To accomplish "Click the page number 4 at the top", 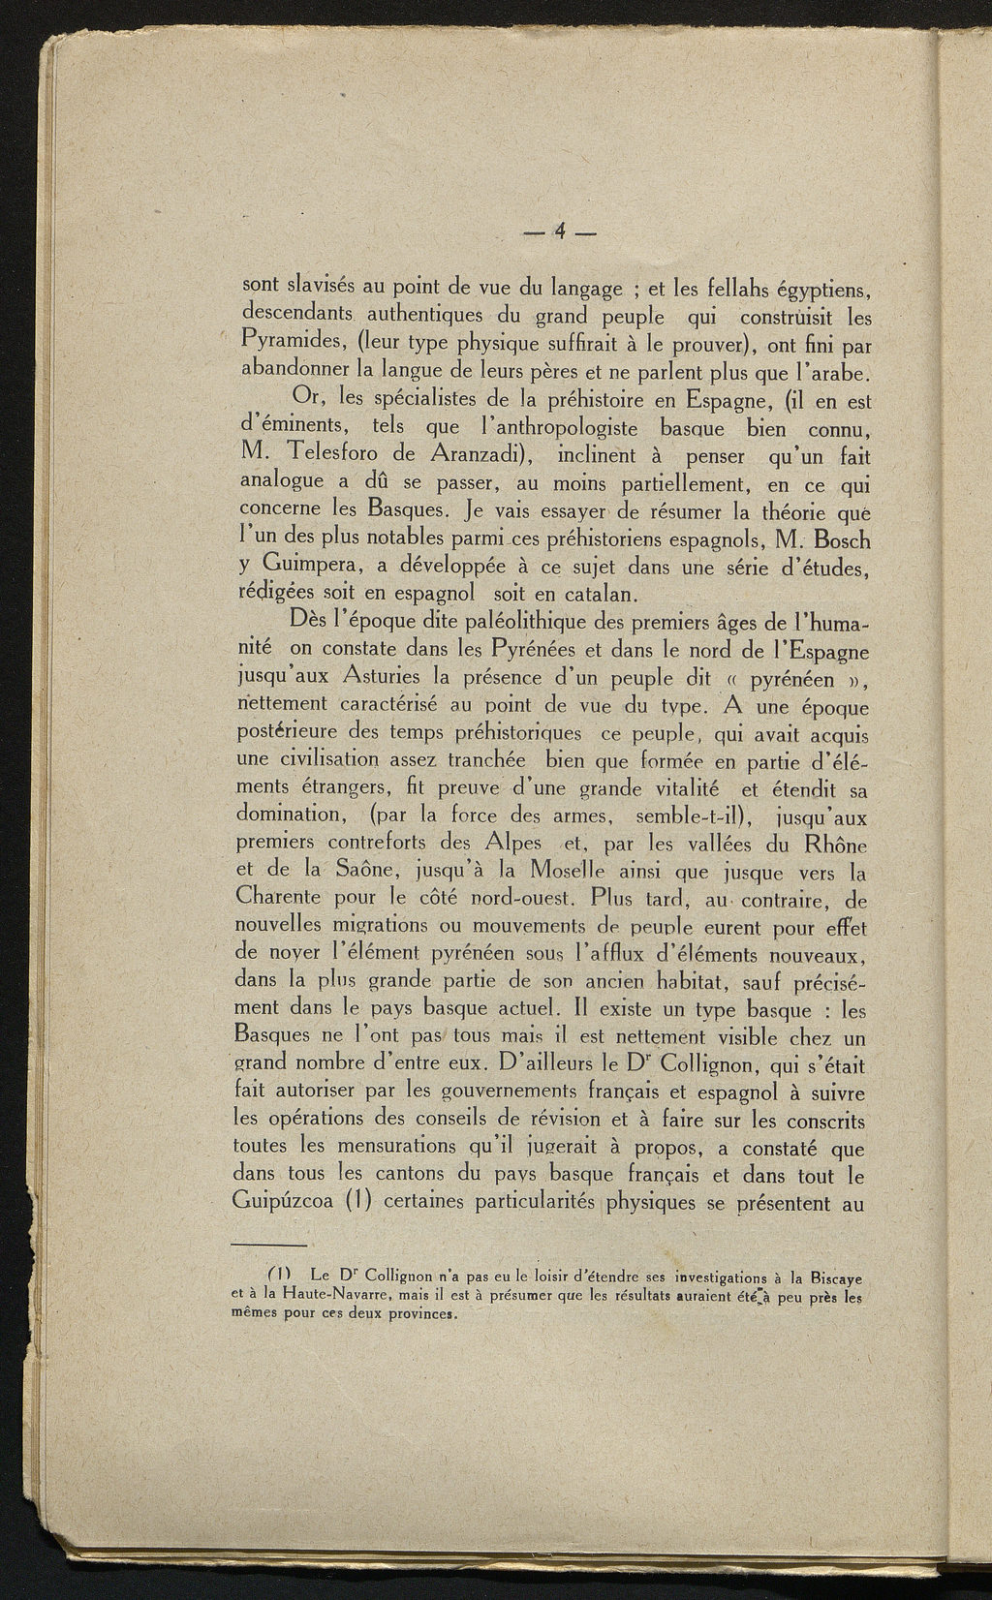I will (x=560, y=231).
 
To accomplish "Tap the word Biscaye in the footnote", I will (x=832, y=1277).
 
